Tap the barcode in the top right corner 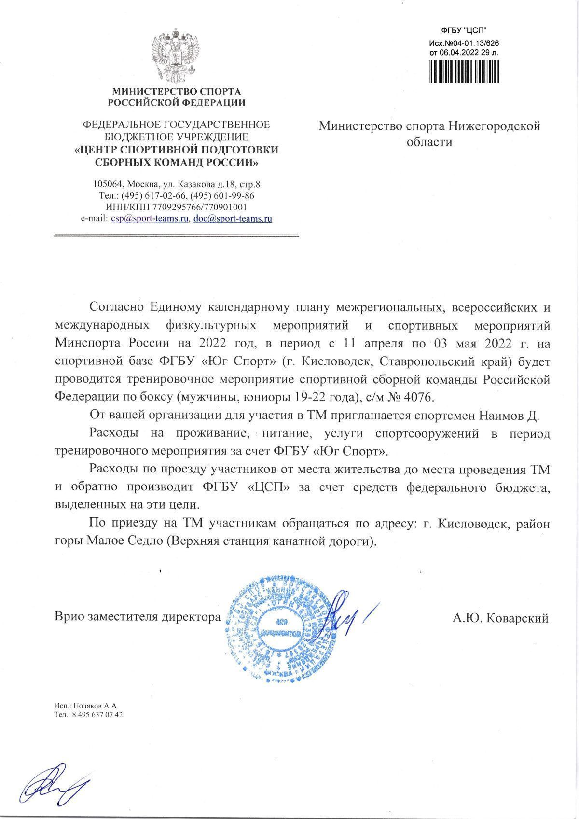(464, 70)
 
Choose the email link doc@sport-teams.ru (233, 219)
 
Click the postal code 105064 (108, 185)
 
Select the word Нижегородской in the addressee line (493, 126)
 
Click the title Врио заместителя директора (138, 617)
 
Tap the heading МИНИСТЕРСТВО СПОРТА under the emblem (176, 91)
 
